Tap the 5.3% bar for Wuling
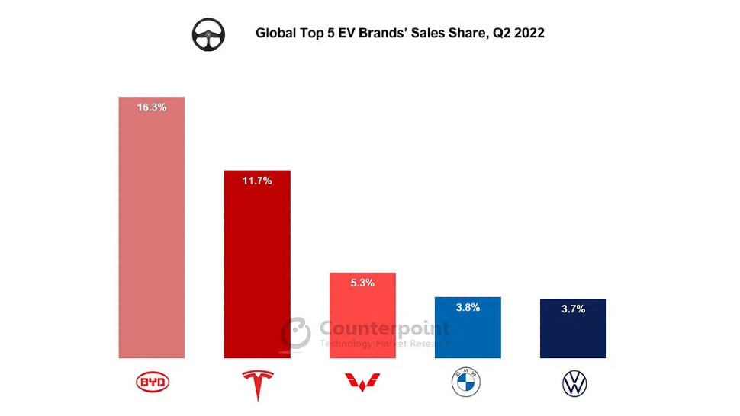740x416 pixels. tap(362, 320)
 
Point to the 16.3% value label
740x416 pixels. tap(152, 107)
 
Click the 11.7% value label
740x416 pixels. tap(256, 181)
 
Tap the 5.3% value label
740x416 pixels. tap(362, 283)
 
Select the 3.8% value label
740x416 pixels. tap(468, 307)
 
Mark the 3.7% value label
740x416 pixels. tap(573, 309)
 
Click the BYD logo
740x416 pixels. tap(153, 382)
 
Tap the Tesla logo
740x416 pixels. tap(257, 385)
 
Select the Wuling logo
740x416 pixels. tap(363, 382)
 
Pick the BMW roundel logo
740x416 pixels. tap(468, 383)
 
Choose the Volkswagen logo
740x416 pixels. tap(574, 384)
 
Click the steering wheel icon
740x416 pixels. tap(208, 35)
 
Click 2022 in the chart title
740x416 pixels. tap(529, 34)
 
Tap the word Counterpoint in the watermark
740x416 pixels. tap(384, 329)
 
